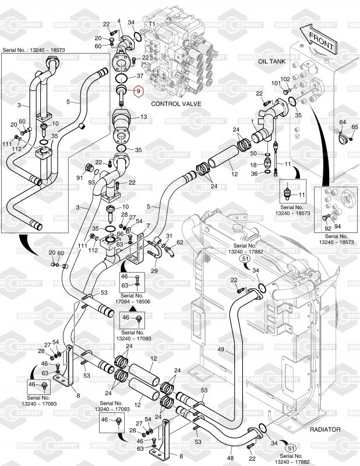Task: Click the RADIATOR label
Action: pos(324,429)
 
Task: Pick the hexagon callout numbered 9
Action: pos(139,91)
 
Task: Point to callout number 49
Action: pos(221,349)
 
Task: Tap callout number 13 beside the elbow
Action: pos(143,117)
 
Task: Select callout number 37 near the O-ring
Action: pos(140,76)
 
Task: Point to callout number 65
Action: pos(355,127)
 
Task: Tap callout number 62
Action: pos(180,242)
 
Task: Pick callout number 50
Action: pos(253,154)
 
